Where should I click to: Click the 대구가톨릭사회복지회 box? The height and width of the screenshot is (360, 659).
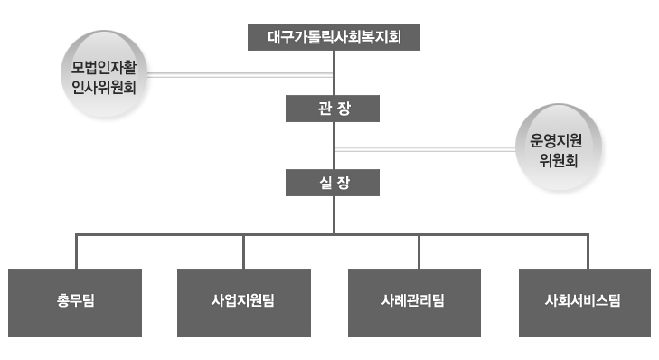[334, 37]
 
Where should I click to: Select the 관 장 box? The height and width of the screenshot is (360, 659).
[333, 109]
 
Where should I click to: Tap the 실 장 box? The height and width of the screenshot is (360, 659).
[333, 183]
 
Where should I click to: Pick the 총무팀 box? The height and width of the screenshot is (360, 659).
[75, 303]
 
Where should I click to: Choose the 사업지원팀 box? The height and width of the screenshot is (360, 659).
[244, 303]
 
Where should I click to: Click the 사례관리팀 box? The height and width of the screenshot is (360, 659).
[414, 303]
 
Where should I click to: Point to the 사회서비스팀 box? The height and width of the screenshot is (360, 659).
[585, 303]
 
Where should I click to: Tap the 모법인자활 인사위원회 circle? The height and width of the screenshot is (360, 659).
[104, 74]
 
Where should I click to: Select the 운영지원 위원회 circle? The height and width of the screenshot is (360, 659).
[559, 147]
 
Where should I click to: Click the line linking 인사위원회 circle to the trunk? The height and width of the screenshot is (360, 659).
[240, 75]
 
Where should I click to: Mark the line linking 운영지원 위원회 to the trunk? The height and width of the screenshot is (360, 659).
[426, 149]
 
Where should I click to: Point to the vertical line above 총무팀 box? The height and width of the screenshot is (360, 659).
[76, 252]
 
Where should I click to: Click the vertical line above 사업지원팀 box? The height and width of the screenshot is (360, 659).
[243, 252]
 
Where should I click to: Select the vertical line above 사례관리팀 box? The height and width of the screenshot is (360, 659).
[419, 252]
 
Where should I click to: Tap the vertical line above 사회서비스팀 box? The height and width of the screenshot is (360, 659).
[588, 252]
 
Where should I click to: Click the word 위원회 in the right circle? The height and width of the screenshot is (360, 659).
[559, 160]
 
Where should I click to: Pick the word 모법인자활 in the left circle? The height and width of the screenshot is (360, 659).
[104, 67]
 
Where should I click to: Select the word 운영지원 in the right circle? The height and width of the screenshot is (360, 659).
[556, 140]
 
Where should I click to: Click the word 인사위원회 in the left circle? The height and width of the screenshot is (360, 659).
[104, 87]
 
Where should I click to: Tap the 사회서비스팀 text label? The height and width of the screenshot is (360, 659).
[582, 300]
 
